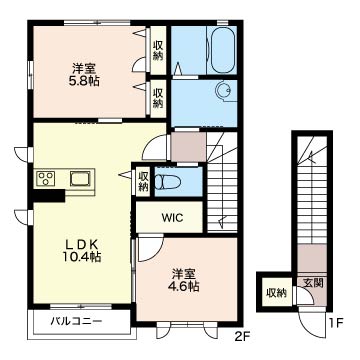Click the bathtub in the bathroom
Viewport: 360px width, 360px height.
click(x=222, y=50)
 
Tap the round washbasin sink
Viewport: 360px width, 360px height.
click(x=222, y=90)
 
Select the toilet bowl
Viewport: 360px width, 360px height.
click(x=167, y=182)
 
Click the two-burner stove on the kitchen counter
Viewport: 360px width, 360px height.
click(x=45, y=179)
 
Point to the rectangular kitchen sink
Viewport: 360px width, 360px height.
click(x=80, y=178)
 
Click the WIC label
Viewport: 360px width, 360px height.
click(x=172, y=218)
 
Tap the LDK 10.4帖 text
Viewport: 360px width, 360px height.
click(x=82, y=250)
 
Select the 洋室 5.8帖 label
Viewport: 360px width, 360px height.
click(x=84, y=75)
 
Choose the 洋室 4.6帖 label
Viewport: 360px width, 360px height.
click(x=184, y=280)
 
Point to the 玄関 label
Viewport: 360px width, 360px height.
click(x=313, y=283)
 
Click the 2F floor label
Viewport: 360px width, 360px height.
click(x=242, y=337)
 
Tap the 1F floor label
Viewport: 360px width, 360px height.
click(x=337, y=322)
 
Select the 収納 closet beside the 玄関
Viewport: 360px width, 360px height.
click(x=276, y=292)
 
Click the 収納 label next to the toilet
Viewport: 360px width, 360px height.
click(x=144, y=181)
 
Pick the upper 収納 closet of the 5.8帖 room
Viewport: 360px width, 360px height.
click(x=158, y=50)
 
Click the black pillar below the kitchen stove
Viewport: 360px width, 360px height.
click(x=49, y=195)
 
